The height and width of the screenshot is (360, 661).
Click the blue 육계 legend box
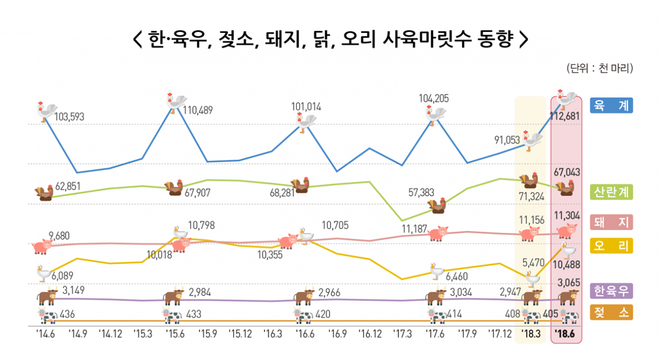click(x=611, y=105)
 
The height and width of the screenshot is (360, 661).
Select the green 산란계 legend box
click(x=611, y=192)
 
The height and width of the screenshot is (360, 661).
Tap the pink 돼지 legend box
click(x=611, y=222)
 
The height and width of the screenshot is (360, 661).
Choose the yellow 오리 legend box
click(x=611, y=246)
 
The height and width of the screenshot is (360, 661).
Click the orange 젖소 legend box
click(x=611, y=313)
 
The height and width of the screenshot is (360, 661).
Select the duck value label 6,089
click(x=63, y=276)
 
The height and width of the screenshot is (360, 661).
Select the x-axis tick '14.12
click(x=110, y=334)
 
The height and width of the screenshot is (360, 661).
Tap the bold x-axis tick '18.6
click(x=566, y=335)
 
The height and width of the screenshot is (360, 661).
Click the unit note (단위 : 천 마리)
click(x=599, y=69)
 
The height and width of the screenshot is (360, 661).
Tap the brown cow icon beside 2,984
click(x=174, y=296)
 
